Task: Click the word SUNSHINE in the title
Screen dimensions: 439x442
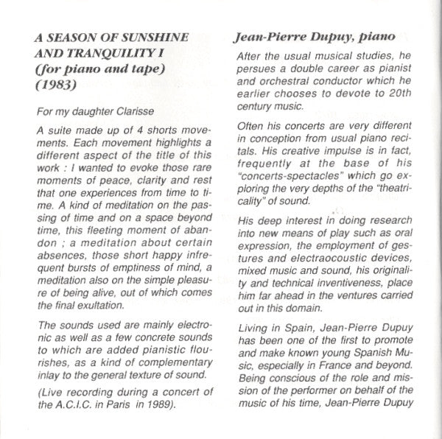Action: pyautogui.click(x=156, y=35)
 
